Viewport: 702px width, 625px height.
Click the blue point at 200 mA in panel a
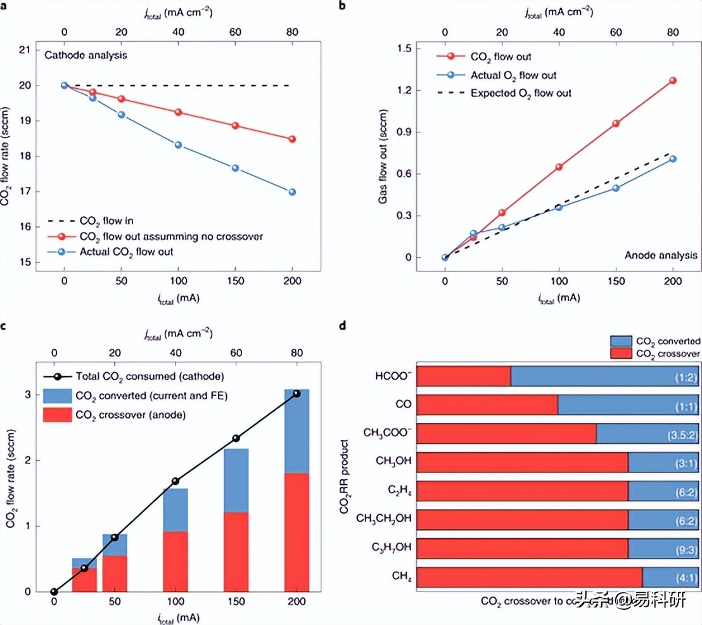[292, 192]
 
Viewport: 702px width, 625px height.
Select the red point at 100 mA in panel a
[178, 112]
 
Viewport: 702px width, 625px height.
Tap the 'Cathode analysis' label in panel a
[86, 55]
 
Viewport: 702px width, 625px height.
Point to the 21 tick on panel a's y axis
[25, 50]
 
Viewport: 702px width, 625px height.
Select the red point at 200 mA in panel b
[673, 81]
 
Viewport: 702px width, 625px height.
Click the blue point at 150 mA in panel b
[616, 188]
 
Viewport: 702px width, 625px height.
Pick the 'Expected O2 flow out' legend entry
[521, 93]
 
